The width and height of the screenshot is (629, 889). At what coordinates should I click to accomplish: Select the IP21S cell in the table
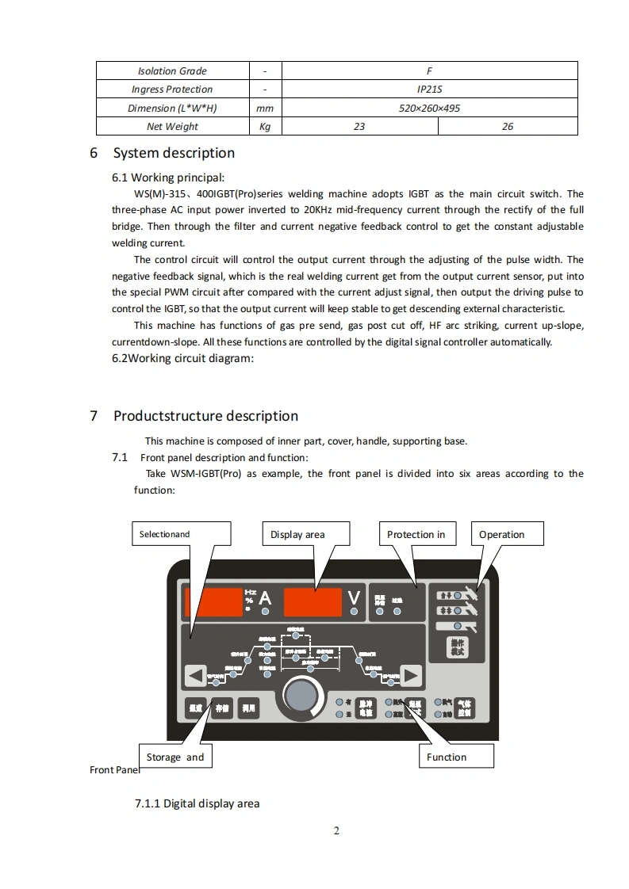click(x=429, y=90)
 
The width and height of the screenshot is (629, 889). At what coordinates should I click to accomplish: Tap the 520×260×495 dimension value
click(x=429, y=108)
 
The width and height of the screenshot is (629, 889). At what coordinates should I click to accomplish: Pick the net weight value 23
click(x=359, y=127)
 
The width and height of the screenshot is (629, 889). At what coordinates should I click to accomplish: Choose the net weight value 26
click(x=508, y=127)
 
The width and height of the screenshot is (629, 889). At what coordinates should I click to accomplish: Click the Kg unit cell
click(x=265, y=127)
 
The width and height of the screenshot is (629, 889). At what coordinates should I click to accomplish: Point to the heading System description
click(x=174, y=153)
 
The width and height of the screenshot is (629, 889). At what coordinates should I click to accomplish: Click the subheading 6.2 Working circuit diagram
click(x=183, y=358)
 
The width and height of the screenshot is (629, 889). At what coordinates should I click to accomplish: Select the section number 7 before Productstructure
click(x=94, y=416)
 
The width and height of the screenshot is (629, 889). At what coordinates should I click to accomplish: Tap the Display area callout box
click(x=305, y=534)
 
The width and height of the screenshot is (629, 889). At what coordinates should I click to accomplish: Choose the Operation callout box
click(x=508, y=534)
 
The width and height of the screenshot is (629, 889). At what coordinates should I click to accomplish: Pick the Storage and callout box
click(x=175, y=757)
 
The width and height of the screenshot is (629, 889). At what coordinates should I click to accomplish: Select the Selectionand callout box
click(x=180, y=534)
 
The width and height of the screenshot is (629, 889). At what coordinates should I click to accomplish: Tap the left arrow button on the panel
click(x=195, y=676)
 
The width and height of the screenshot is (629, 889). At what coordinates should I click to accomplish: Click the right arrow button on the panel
click(x=410, y=676)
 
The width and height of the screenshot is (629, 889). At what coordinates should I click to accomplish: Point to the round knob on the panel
click(x=301, y=696)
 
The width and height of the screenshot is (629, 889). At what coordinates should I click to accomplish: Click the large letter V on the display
click(x=353, y=600)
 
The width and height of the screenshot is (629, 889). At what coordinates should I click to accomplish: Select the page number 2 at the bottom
click(x=336, y=830)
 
